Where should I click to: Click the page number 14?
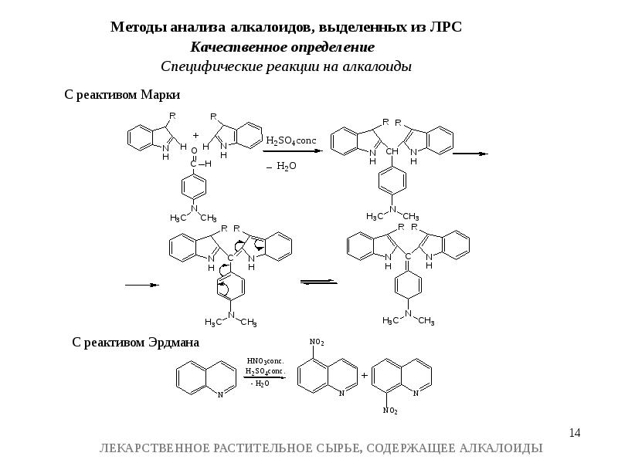coord(575,433)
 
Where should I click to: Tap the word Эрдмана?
coord(174,342)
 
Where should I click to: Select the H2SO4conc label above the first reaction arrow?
coord(291,141)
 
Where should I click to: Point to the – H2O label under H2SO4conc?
coord(281,166)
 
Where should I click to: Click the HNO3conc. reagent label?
coord(265,361)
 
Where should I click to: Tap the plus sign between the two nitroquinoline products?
coord(364,375)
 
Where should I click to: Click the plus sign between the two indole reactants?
coord(196,136)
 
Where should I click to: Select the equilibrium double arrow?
coord(318,282)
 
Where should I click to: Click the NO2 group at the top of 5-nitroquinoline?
coord(317,342)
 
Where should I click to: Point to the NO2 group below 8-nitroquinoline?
coord(390,411)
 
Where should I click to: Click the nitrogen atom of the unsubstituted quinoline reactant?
coord(220,394)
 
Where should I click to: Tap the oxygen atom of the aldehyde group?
coord(194,150)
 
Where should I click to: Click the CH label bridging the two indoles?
coord(392,151)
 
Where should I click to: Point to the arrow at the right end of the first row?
coord(470,154)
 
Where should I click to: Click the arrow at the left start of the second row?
coord(142,285)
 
